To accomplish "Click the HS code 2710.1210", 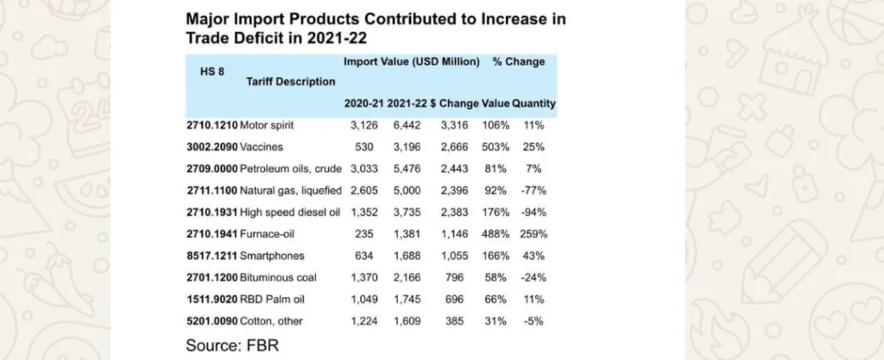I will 212,125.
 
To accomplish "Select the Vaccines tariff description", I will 262,147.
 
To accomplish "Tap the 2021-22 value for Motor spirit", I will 405,125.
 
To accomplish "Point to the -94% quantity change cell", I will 534,212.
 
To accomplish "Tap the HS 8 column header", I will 213,72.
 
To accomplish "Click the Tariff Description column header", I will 291,82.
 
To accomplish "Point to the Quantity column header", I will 534,104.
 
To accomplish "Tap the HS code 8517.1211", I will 212,255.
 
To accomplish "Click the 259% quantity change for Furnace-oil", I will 534,233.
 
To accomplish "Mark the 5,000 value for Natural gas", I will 405,190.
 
